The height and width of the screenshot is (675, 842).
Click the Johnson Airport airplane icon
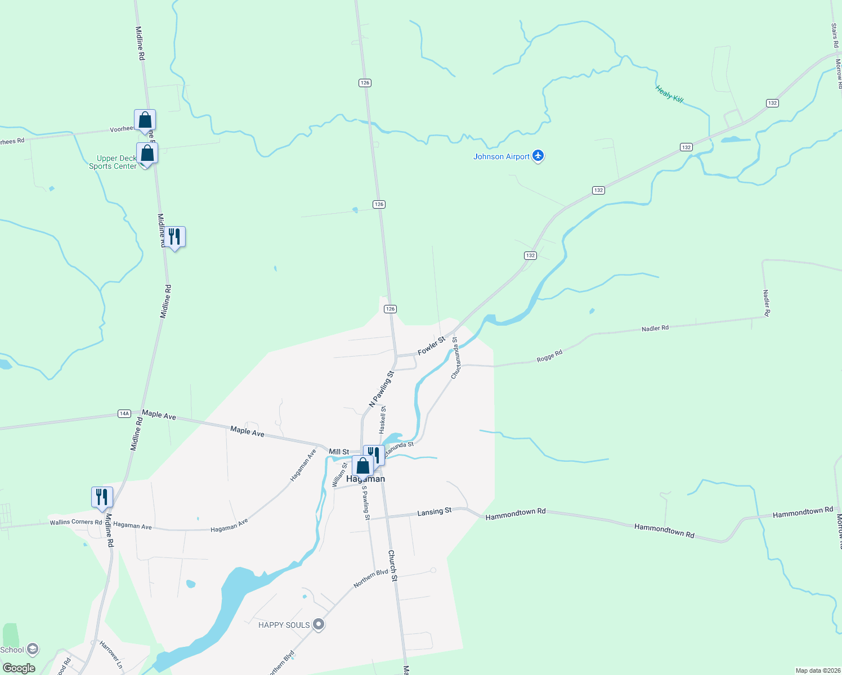click(x=538, y=156)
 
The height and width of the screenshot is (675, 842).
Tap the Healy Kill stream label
click(x=669, y=94)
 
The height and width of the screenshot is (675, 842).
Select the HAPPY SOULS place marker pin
click(x=319, y=624)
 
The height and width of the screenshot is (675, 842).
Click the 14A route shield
click(x=124, y=413)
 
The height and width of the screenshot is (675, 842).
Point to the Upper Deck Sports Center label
click(x=113, y=163)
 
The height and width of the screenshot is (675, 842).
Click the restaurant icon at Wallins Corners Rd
click(x=102, y=497)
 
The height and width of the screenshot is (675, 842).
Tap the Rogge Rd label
click(x=549, y=356)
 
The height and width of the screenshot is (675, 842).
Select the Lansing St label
click(x=434, y=511)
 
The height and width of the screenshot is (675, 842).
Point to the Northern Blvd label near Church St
click(x=371, y=578)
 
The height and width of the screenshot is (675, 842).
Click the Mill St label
click(x=339, y=452)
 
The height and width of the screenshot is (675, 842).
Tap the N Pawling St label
click(x=381, y=389)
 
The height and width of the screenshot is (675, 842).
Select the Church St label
click(x=392, y=565)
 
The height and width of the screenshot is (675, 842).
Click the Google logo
click(x=19, y=668)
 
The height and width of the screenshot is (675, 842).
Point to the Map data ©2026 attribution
click(x=817, y=670)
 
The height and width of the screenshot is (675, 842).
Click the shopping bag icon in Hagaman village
click(x=363, y=466)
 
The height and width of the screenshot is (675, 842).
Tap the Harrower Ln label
click(x=111, y=654)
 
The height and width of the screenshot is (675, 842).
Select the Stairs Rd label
click(x=835, y=35)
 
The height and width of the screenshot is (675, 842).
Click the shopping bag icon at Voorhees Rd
click(x=145, y=120)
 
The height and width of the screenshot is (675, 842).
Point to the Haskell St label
click(x=383, y=419)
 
